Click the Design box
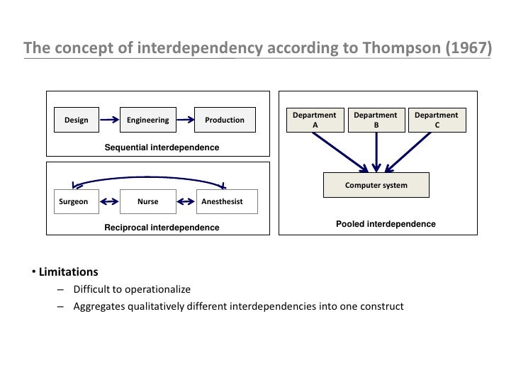(77, 120)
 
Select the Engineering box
(148, 120)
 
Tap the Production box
(224, 120)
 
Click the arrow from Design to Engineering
(110, 120)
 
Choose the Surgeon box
(74, 202)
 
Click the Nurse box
(148, 202)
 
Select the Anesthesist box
(223, 202)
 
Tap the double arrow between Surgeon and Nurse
(110, 202)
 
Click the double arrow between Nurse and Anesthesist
(184, 202)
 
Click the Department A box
(315, 120)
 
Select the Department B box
(376, 120)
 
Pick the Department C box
(437, 120)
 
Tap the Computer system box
(376, 185)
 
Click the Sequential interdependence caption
(162, 147)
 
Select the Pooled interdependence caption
(386, 224)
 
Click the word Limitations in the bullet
(69, 272)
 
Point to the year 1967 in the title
(467, 48)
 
